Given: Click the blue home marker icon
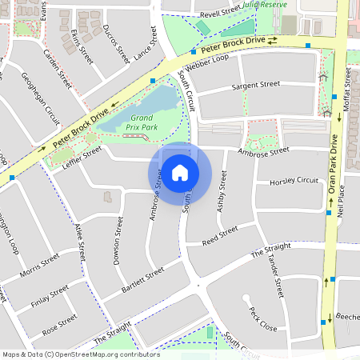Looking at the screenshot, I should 180,173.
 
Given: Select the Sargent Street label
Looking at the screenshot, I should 255,84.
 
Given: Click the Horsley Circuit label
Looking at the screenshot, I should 294,182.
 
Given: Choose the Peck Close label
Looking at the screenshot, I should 262,320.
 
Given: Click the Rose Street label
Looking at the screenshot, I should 60,323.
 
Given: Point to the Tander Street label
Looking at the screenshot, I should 277,277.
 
